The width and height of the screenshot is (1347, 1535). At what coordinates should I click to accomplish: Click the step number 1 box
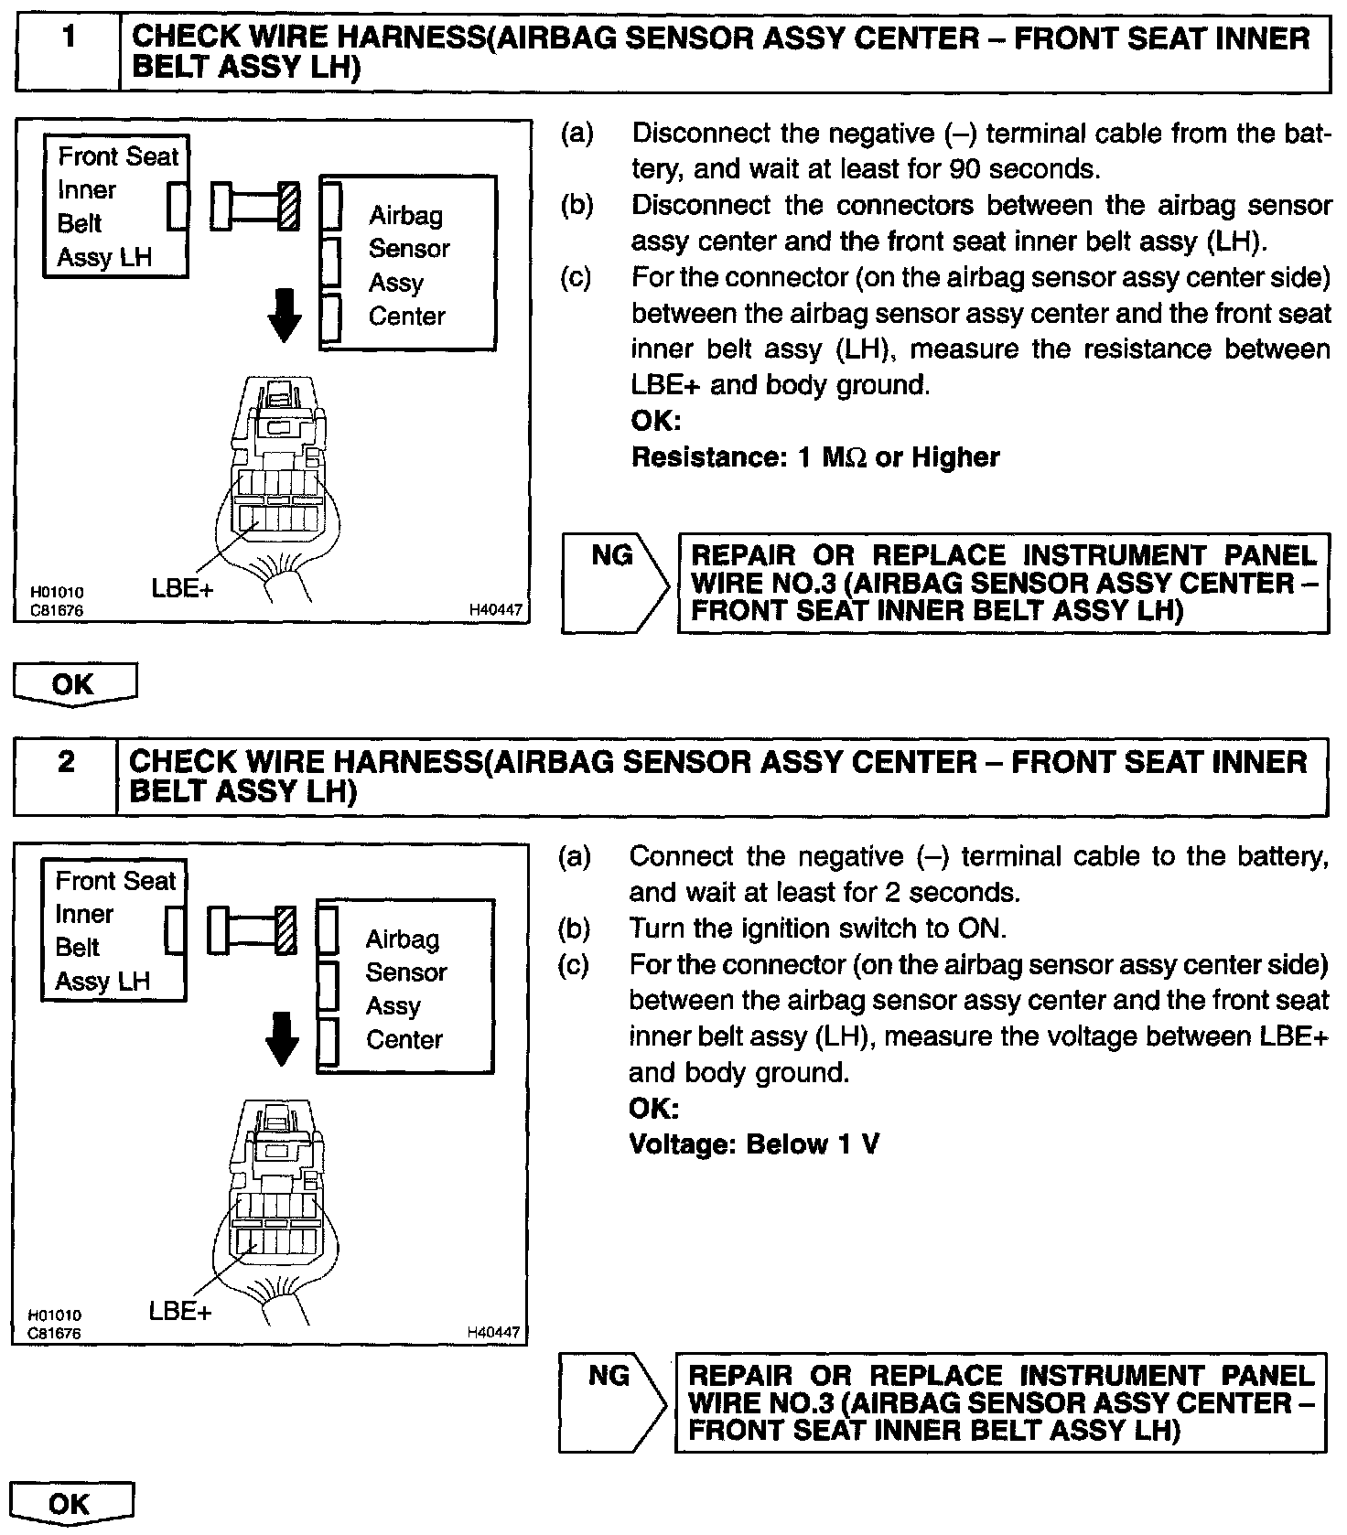pos(68,53)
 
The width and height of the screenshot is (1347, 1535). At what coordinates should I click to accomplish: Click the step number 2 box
pos(66,777)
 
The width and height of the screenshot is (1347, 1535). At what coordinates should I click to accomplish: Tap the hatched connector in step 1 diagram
pos(288,206)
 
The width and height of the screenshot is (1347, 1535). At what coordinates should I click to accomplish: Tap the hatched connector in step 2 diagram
pos(286,929)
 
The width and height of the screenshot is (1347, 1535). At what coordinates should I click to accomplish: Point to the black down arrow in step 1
pos(285,317)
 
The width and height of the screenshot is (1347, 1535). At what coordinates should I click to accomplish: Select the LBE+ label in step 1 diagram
pos(182,588)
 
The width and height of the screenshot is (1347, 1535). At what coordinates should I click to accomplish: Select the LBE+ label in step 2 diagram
pos(179,1311)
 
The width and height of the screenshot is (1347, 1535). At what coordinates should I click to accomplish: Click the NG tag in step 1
pos(611,556)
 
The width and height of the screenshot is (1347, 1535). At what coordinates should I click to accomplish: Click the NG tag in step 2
pos(609,1375)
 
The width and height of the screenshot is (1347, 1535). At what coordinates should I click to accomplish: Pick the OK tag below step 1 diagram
pos(73,684)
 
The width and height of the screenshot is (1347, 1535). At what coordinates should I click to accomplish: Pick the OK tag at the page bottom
pos(70,1504)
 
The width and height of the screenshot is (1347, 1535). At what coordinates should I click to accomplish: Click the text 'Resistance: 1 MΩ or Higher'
pos(815,456)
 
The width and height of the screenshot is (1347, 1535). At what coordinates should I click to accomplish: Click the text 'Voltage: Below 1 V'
pos(754,1143)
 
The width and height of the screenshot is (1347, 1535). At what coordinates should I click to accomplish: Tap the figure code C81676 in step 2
pos(55,1333)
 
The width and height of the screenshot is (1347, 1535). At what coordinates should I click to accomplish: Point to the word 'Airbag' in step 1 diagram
pos(405,216)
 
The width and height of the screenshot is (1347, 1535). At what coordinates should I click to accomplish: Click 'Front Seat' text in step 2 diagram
pos(115,881)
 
